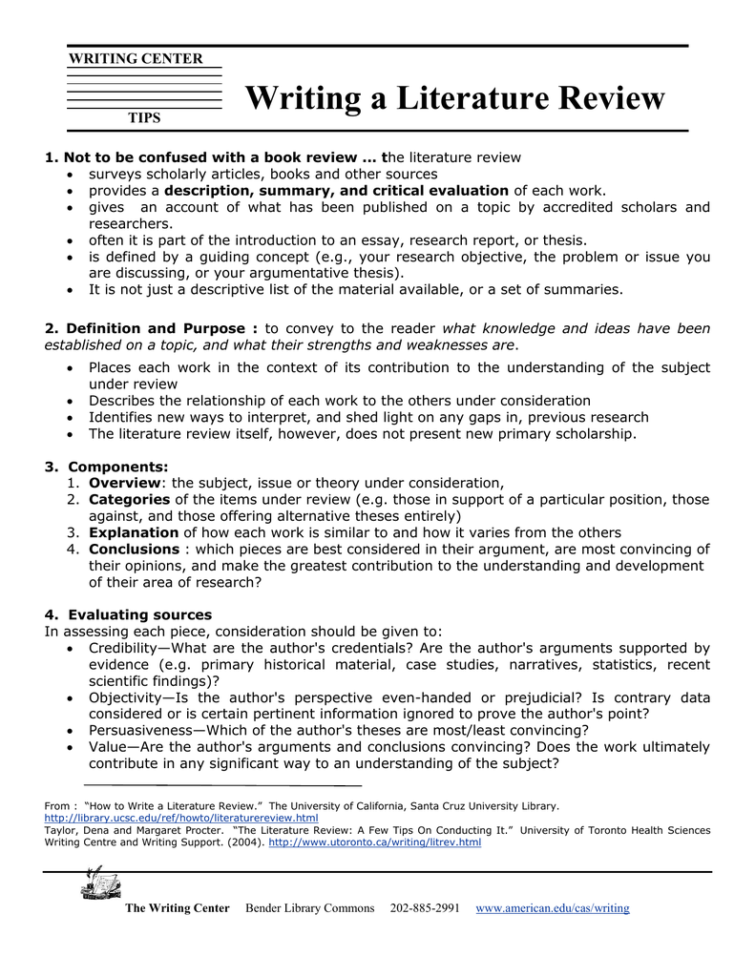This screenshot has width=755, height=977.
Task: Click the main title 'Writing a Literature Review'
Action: tap(454, 98)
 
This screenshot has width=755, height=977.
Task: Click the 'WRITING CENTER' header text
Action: tap(136, 59)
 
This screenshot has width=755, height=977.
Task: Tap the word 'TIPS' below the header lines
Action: tap(144, 118)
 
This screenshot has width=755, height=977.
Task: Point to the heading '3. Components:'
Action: tap(106, 467)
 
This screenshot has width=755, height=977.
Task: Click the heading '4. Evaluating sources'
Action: tap(128, 614)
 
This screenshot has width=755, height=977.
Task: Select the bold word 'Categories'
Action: tap(129, 499)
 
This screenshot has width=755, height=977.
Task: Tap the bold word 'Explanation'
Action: tap(134, 532)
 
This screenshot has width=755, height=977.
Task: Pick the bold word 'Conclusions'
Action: tap(134, 549)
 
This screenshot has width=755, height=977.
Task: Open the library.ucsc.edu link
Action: tap(181, 819)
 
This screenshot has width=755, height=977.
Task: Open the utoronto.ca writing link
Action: tap(375, 842)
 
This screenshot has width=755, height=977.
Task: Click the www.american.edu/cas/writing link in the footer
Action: tap(553, 908)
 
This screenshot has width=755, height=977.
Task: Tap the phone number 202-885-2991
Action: tap(425, 908)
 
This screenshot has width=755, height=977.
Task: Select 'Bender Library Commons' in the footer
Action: tap(310, 908)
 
